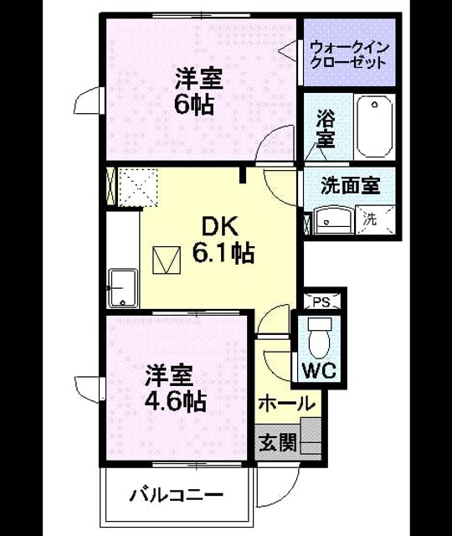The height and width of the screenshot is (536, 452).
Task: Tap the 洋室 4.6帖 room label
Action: tap(175, 389)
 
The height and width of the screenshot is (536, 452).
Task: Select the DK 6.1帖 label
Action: tap(223, 240)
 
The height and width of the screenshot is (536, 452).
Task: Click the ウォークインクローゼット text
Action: tap(350, 54)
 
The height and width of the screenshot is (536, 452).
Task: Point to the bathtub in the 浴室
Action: tap(375, 126)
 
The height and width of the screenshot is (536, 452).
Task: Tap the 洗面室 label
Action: tap(350, 186)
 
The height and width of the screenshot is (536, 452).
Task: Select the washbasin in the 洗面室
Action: tap(332, 219)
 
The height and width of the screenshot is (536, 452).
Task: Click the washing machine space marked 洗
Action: tap(375, 219)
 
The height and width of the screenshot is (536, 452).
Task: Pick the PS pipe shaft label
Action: tap(321, 302)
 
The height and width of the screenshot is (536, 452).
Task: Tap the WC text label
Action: tap(320, 370)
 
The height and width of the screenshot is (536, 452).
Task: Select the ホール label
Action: tap(286, 404)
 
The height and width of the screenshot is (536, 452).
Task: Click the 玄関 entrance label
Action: tap(277, 443)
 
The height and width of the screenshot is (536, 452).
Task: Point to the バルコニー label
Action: tap(177, 495)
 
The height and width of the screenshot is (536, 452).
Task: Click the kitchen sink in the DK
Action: tap(123, 288)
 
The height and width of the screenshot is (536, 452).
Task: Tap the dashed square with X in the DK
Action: tap(137, 187)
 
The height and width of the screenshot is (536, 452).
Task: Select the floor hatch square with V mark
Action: tap(167, 260)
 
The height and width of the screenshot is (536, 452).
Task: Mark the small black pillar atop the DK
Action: tap(243, 174)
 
